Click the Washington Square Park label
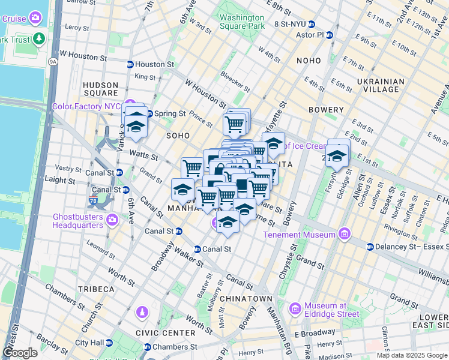pos(242,22)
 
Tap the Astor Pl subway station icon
pos(330,35)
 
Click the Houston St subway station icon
pos(130,64)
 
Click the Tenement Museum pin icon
pos(345,233)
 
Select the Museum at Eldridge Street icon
pos(295,309)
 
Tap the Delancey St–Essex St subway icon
pos(370,247)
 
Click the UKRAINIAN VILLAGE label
pos(378,85)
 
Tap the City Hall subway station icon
pos(109,343)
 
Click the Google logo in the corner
pos(20,353)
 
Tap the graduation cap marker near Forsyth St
pos(338,156)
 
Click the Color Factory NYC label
pos(86,106)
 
